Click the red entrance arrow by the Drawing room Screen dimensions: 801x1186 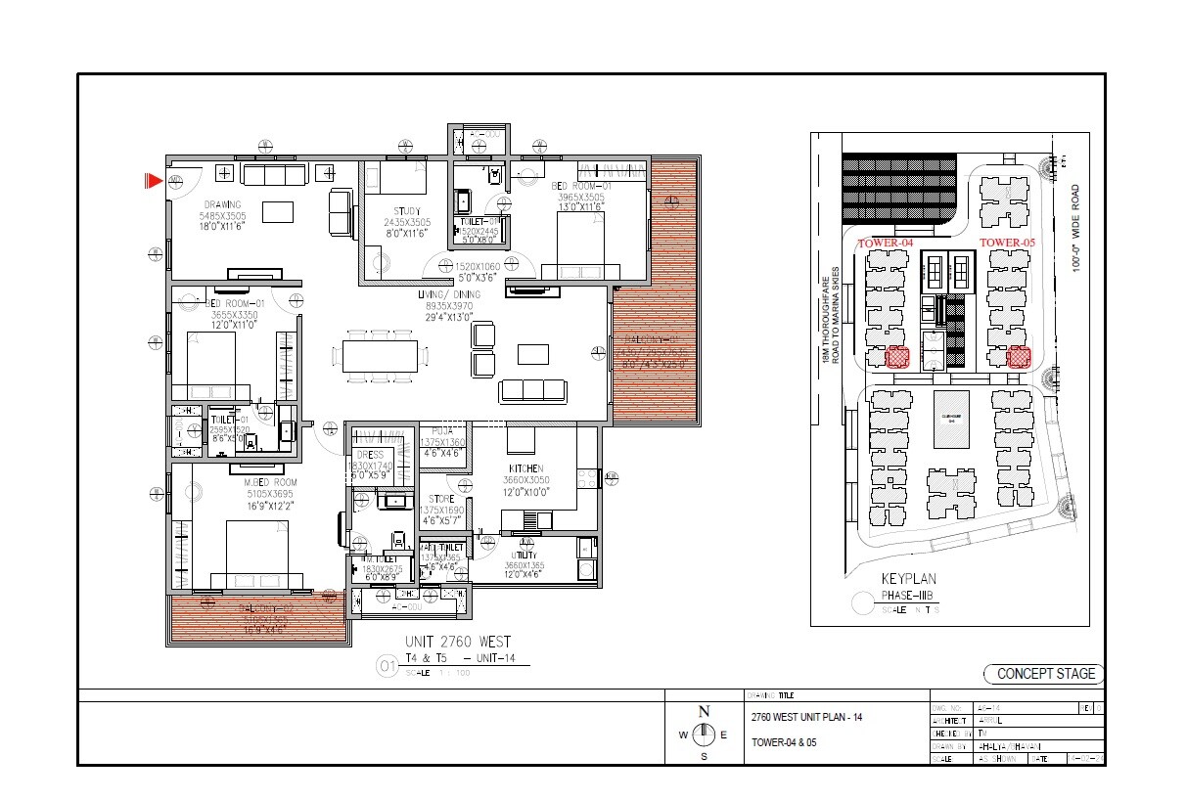point(153,181)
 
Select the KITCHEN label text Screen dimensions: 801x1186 point(525,469)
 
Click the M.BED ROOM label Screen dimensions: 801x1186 point(271,483)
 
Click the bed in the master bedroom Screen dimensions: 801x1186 point(257,554)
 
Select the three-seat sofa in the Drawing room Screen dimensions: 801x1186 point(274,175)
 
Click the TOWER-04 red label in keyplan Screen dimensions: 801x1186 point(885,243)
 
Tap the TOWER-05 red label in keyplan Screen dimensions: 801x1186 point(1007,243)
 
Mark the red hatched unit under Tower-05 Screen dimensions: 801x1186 point(1019,357)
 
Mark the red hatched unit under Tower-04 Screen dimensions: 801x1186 point(897,357)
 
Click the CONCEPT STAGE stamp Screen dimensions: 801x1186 point(1044,674)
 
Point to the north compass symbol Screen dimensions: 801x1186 point(703,735)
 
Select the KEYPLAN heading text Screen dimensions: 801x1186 point(911,579)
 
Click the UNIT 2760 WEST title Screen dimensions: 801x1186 point(458,642)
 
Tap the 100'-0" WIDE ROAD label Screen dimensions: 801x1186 point(1074,229)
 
